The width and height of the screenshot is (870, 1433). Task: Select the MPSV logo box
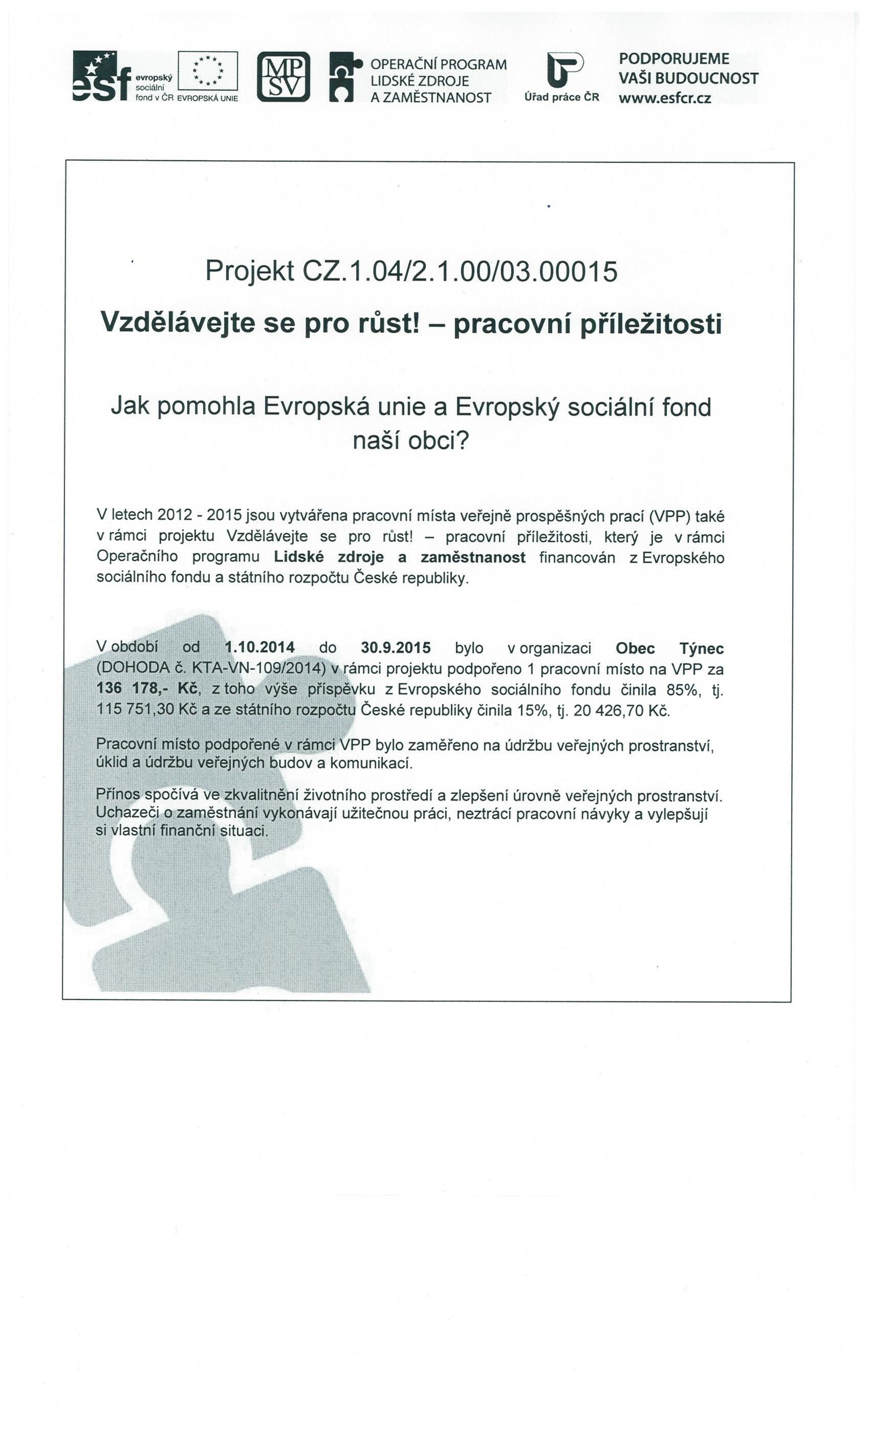pyautogui.click(x=283, y=77)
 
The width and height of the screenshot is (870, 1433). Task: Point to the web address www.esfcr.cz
pyautogui.click(x=665, y=98)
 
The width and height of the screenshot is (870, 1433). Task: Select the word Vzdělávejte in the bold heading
pyautogui.click(x=178, y=323)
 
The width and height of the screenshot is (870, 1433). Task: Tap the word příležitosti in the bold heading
pyautogui.click(x=651, y=324)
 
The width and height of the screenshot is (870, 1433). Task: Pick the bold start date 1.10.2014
pyautogui.click(x=259, y=647)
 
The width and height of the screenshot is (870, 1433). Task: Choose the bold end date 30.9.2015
pyautogui.click(x=396, y=647)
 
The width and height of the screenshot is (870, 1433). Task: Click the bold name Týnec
pyautogui.click(x=701, y=648)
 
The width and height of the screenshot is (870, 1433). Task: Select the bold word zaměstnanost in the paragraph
pyautogui.click(x=473, y=557)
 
